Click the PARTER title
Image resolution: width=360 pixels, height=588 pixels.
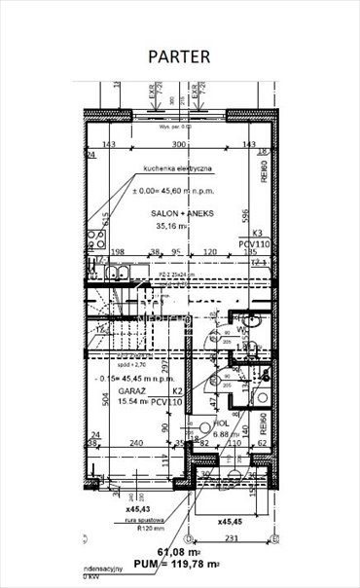[179, 56]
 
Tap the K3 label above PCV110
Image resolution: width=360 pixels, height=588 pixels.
[258, 234]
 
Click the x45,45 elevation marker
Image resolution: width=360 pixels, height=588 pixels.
[234, 520]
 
